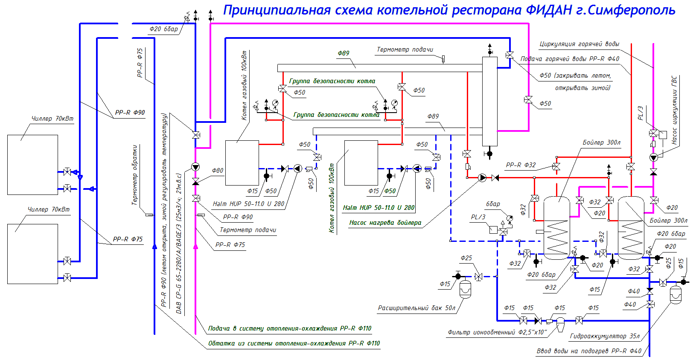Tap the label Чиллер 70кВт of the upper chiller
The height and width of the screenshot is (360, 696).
click(52, 119)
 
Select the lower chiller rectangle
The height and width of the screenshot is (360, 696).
click(32, 254)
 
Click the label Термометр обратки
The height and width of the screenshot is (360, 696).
click(135, 175)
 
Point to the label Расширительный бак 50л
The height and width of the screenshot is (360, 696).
click(416, 308)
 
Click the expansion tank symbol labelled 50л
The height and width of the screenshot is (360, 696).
click(465, 290)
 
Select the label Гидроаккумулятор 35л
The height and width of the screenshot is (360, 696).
click(605, 336)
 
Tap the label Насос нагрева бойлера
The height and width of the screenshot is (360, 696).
click(385, 223)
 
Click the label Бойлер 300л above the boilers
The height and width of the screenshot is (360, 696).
click(601, 142)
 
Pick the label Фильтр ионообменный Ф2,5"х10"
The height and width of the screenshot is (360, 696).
click(497, 332)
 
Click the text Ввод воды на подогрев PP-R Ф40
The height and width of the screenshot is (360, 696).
click(589, 351)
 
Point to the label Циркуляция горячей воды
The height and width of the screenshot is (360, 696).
click(579, 44)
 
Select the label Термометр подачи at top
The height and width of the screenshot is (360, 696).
click(405, 49)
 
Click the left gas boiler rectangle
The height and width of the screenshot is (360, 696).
click(242, 163)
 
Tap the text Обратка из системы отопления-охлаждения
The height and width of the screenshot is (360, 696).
click(294, 343)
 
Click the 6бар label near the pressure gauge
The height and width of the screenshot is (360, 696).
click(493, 204)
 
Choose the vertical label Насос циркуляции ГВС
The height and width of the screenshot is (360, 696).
click(674, 110)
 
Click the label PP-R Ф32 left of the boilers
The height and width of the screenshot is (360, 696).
click(521, 165)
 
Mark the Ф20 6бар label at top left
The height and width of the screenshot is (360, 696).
click(163, 29)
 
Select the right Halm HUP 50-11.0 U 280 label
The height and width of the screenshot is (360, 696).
click(379, 208)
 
